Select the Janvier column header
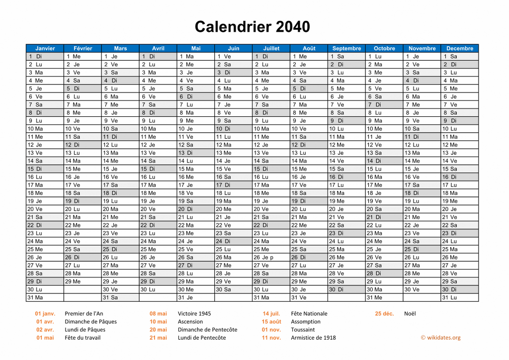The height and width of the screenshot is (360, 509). pos(45,48)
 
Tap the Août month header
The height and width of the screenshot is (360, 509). pos(309,48)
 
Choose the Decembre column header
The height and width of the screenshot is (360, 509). pos(459,48)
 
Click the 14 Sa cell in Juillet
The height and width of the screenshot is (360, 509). pos(271,161)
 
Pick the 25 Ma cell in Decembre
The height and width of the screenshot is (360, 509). pos(459,250)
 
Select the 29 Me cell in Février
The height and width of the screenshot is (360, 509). pos(83,281)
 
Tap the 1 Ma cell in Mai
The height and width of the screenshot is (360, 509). pos(196,57)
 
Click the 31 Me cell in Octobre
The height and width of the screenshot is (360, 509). pos(384,298)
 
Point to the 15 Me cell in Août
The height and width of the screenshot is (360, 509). pos(309,169)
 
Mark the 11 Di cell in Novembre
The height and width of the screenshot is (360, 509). pos(422,137)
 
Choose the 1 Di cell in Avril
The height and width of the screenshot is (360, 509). pos(158,57)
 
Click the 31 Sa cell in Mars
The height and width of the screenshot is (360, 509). pos(120,298)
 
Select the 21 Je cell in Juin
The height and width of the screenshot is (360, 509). pos(234,217)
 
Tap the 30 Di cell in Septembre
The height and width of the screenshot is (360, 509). pos(346,289)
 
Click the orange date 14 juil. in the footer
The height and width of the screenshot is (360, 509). pos(271,314)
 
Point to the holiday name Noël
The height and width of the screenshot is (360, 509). pos(410,314)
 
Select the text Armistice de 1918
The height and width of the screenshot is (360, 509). pos(313,338)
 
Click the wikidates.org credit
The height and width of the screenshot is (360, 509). pos(440,338)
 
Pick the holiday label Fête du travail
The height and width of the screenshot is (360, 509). pos(83,338)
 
